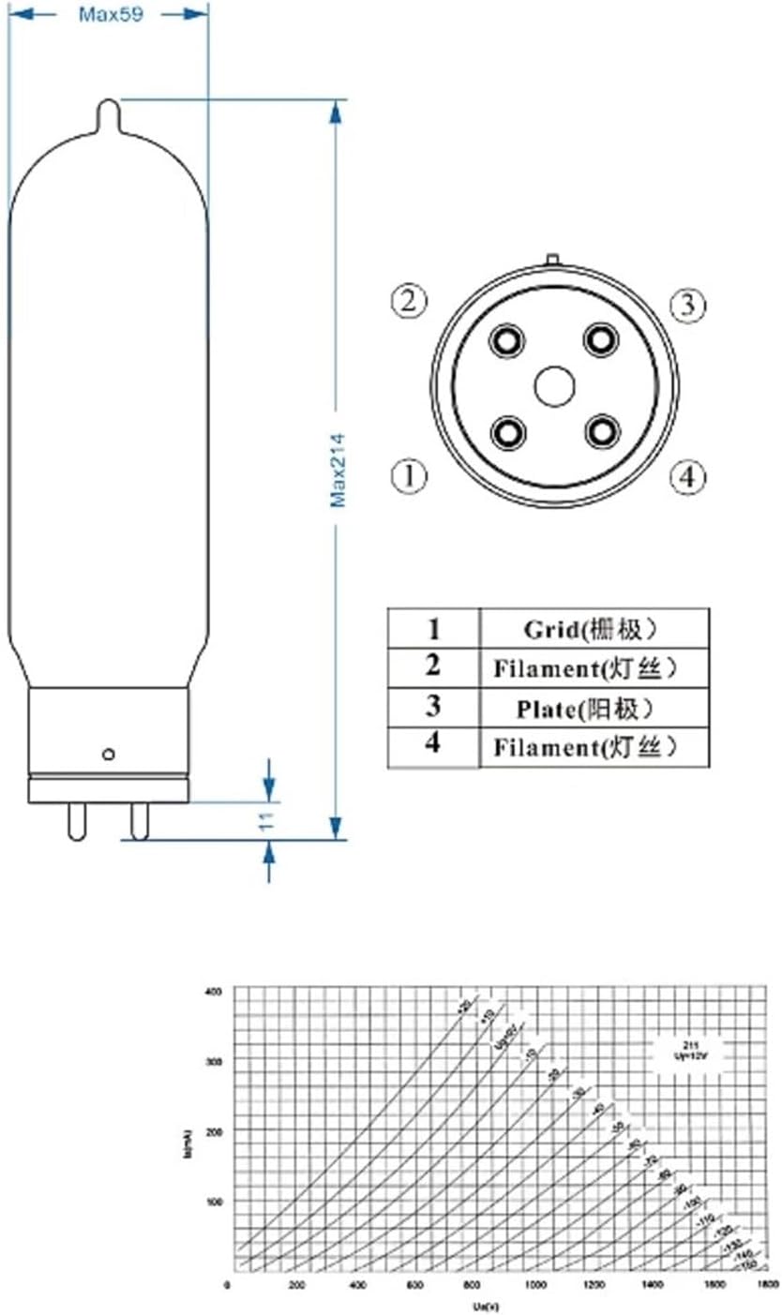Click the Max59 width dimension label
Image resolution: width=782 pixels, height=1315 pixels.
[110, 14]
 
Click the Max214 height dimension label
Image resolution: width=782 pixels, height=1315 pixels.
[338, 470]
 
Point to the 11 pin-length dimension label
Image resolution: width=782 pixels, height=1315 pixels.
[267, 822]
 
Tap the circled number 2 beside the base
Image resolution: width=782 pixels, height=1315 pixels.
[409, 302]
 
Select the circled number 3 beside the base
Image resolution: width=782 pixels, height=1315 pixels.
[687, 304]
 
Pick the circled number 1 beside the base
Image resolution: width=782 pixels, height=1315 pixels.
[409, 476]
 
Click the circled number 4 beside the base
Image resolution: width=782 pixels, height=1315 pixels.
[687, 476]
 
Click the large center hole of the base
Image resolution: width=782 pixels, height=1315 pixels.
[554, 386]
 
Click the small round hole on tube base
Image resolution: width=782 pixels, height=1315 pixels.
[109, 753]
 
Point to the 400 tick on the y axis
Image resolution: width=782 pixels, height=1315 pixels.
[215, 991]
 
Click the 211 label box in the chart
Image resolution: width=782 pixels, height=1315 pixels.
[690, 1048]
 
